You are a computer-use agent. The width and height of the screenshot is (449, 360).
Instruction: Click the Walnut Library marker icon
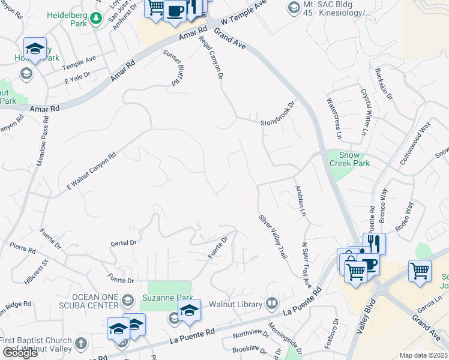pyautogui.click(x=272, y=303)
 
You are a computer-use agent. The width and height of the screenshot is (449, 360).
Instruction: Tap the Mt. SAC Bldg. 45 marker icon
pyautogui.click(x=294, y=7)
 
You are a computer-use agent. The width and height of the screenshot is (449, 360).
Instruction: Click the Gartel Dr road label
pyautogui.click(x=124, y=244)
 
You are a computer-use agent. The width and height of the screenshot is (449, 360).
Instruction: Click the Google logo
pyautogui.click(x=20, y=353)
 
